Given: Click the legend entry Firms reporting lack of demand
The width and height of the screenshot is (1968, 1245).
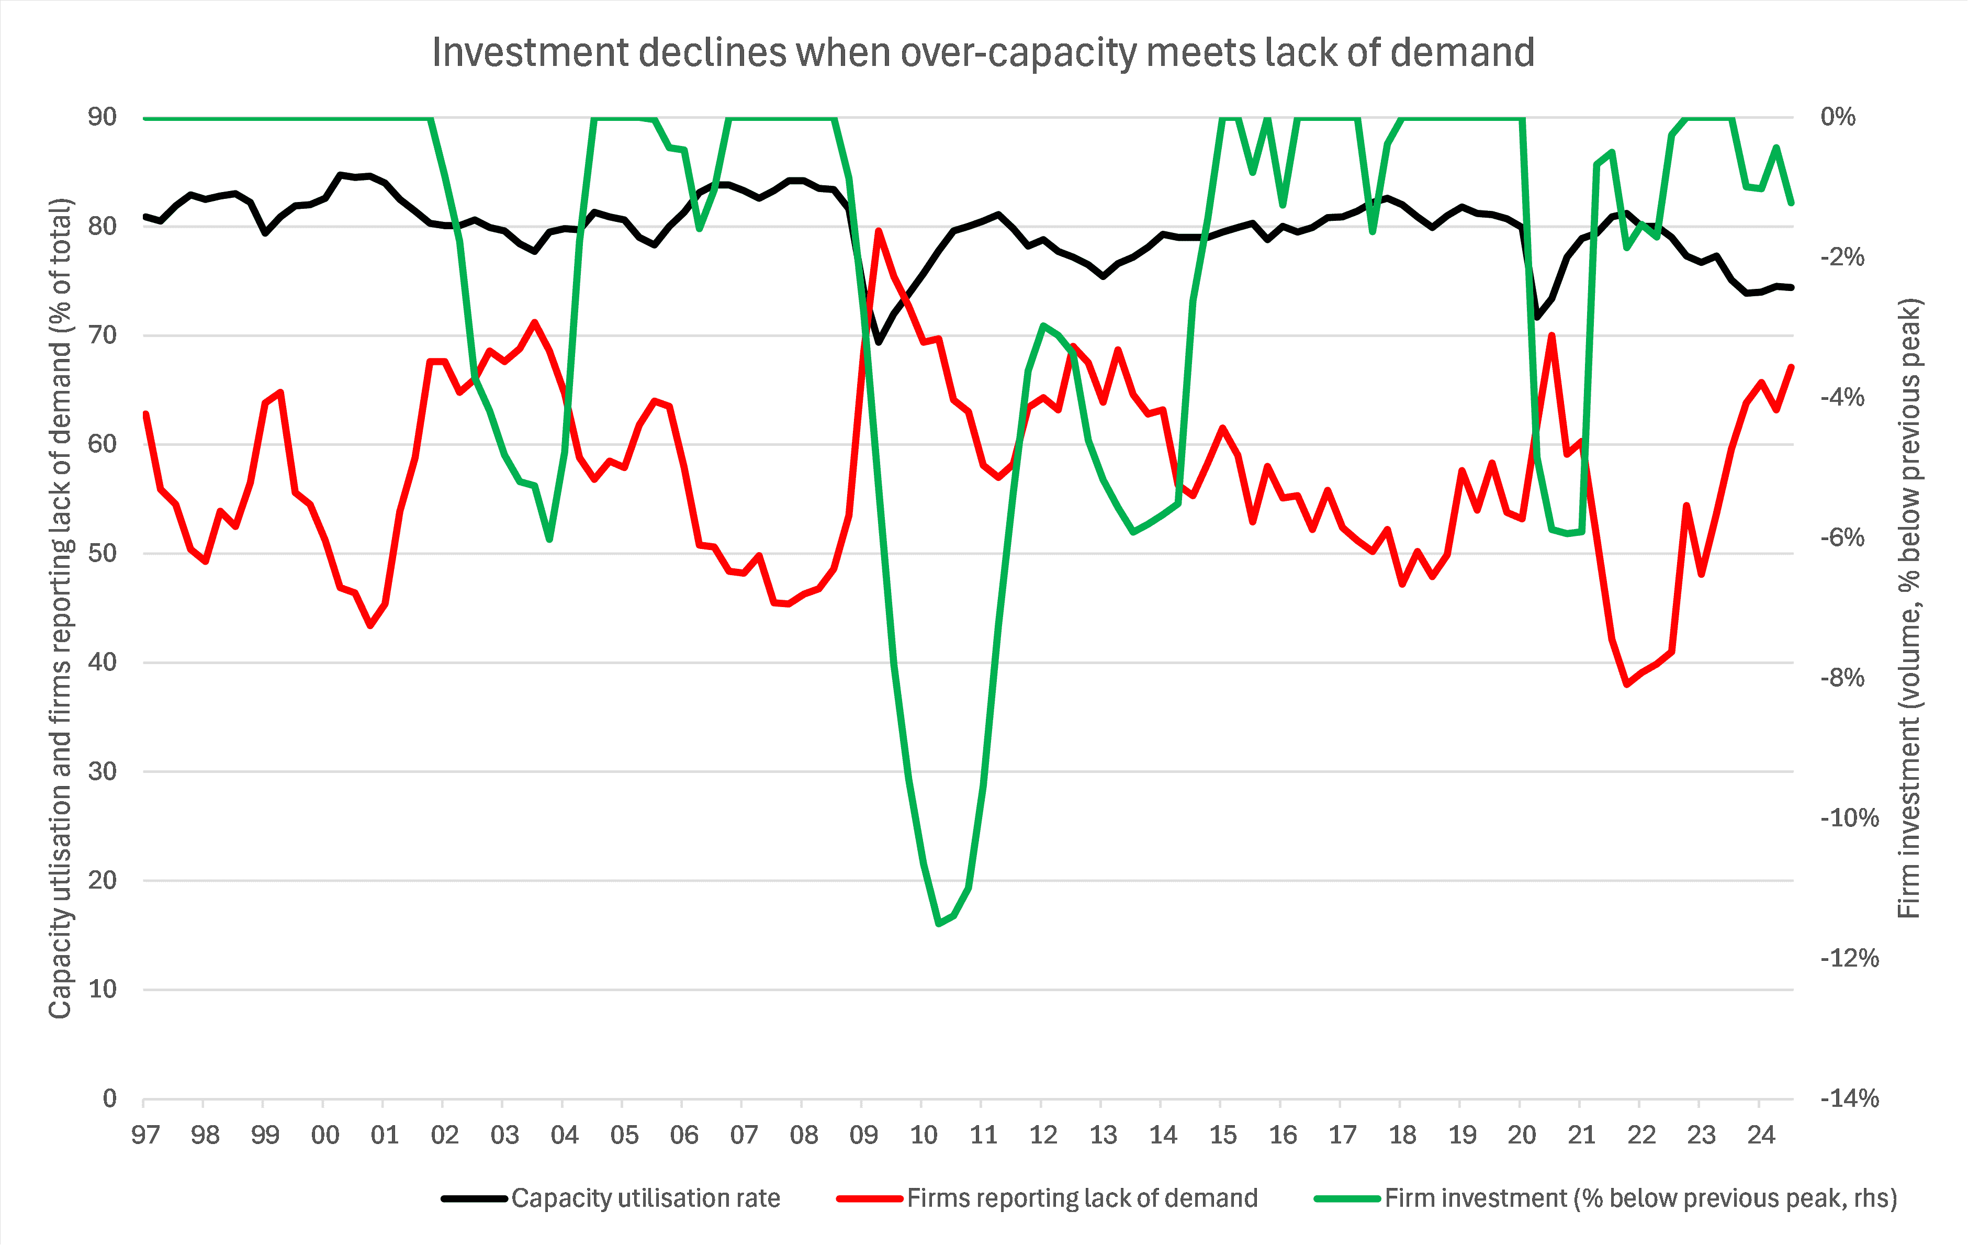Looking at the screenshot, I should pyautogui.click(x=1081, y=1198).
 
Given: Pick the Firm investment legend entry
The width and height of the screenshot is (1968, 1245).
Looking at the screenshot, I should pyautogui.click(x=1639, y=1198).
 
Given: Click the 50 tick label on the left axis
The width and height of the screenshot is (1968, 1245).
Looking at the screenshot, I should pyautogui.click(x=102, y=554).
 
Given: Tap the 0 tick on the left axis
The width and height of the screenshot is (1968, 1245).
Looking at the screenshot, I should pyautogui.click(x=109, y=1098).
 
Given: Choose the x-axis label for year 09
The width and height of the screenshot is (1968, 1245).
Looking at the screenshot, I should pyautogui.click(x=863, y=1136).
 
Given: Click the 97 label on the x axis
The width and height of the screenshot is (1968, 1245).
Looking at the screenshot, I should pyautogui.click(x=145, y=1136).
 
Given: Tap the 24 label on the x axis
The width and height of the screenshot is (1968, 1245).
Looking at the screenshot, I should pyautogui.click(x=1761, y=1136).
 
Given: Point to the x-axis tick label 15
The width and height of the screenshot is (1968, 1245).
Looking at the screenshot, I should pyautogui.click(x=1223, y=1136).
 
